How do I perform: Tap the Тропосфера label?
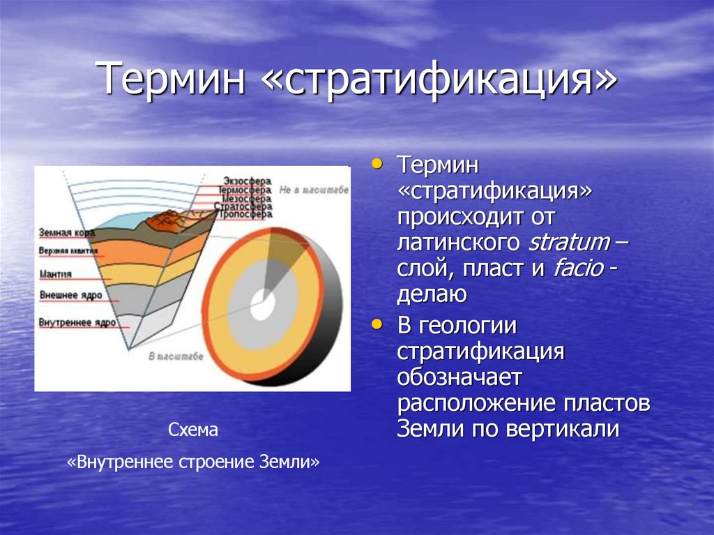coord(243,215)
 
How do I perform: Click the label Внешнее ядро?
coord(71,295)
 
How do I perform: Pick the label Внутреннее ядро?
coord(77,323)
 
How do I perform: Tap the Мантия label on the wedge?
coord(56,273)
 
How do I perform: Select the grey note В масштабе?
coord(176,356)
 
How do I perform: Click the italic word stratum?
coord(569,242)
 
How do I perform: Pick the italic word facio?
coord(578,268)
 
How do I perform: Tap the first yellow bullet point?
coord(377,163)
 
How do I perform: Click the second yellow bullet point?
coord(377,324)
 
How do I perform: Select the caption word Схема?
coord(193,430)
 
